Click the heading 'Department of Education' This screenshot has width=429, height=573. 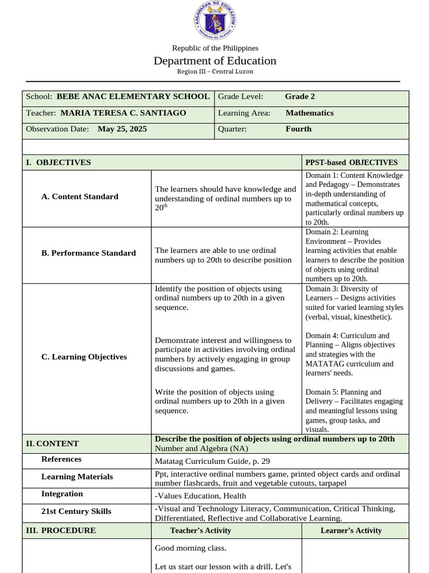pyautogui.click(x=215, y=60)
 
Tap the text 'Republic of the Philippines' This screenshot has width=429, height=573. pyautogui.click(x=215, y=48)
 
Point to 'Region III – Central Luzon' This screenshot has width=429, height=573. pyautogui.click(x=215, y=72)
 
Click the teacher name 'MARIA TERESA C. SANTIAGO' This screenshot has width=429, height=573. pyautogui.click(x=123, y=113)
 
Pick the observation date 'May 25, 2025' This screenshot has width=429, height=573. pyautogui.click(x=122, y=129)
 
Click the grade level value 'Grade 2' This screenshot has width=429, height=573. pyautogui.click(x=300, y=96)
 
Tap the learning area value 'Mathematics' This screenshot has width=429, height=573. pyautogui.click(x=309, y=113)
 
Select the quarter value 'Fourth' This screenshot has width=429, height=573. pyautogui.click(x=298, y=129)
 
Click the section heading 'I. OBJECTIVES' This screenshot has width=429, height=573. pyautogui.click(x=58, y=162)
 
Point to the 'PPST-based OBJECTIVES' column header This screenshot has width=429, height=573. pyautogui.click(x=351, y=162)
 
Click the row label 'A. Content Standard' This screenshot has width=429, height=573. pyautogui.click(x=80, y=196)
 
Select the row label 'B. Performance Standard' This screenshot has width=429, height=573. pyautogui.click(x=88, y=253)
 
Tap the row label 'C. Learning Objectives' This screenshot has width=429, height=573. pyautogui.click(x=84, y=357)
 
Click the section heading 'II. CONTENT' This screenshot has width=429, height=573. pyautogui.click(x=53, y=444)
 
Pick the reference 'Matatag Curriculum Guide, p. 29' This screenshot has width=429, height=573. pyautogui.click(x=212, y=462)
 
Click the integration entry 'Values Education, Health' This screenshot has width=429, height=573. pyautogui.click(x=201, y=496)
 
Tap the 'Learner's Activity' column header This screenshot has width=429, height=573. pyautogui.click(x=351, y=530)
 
